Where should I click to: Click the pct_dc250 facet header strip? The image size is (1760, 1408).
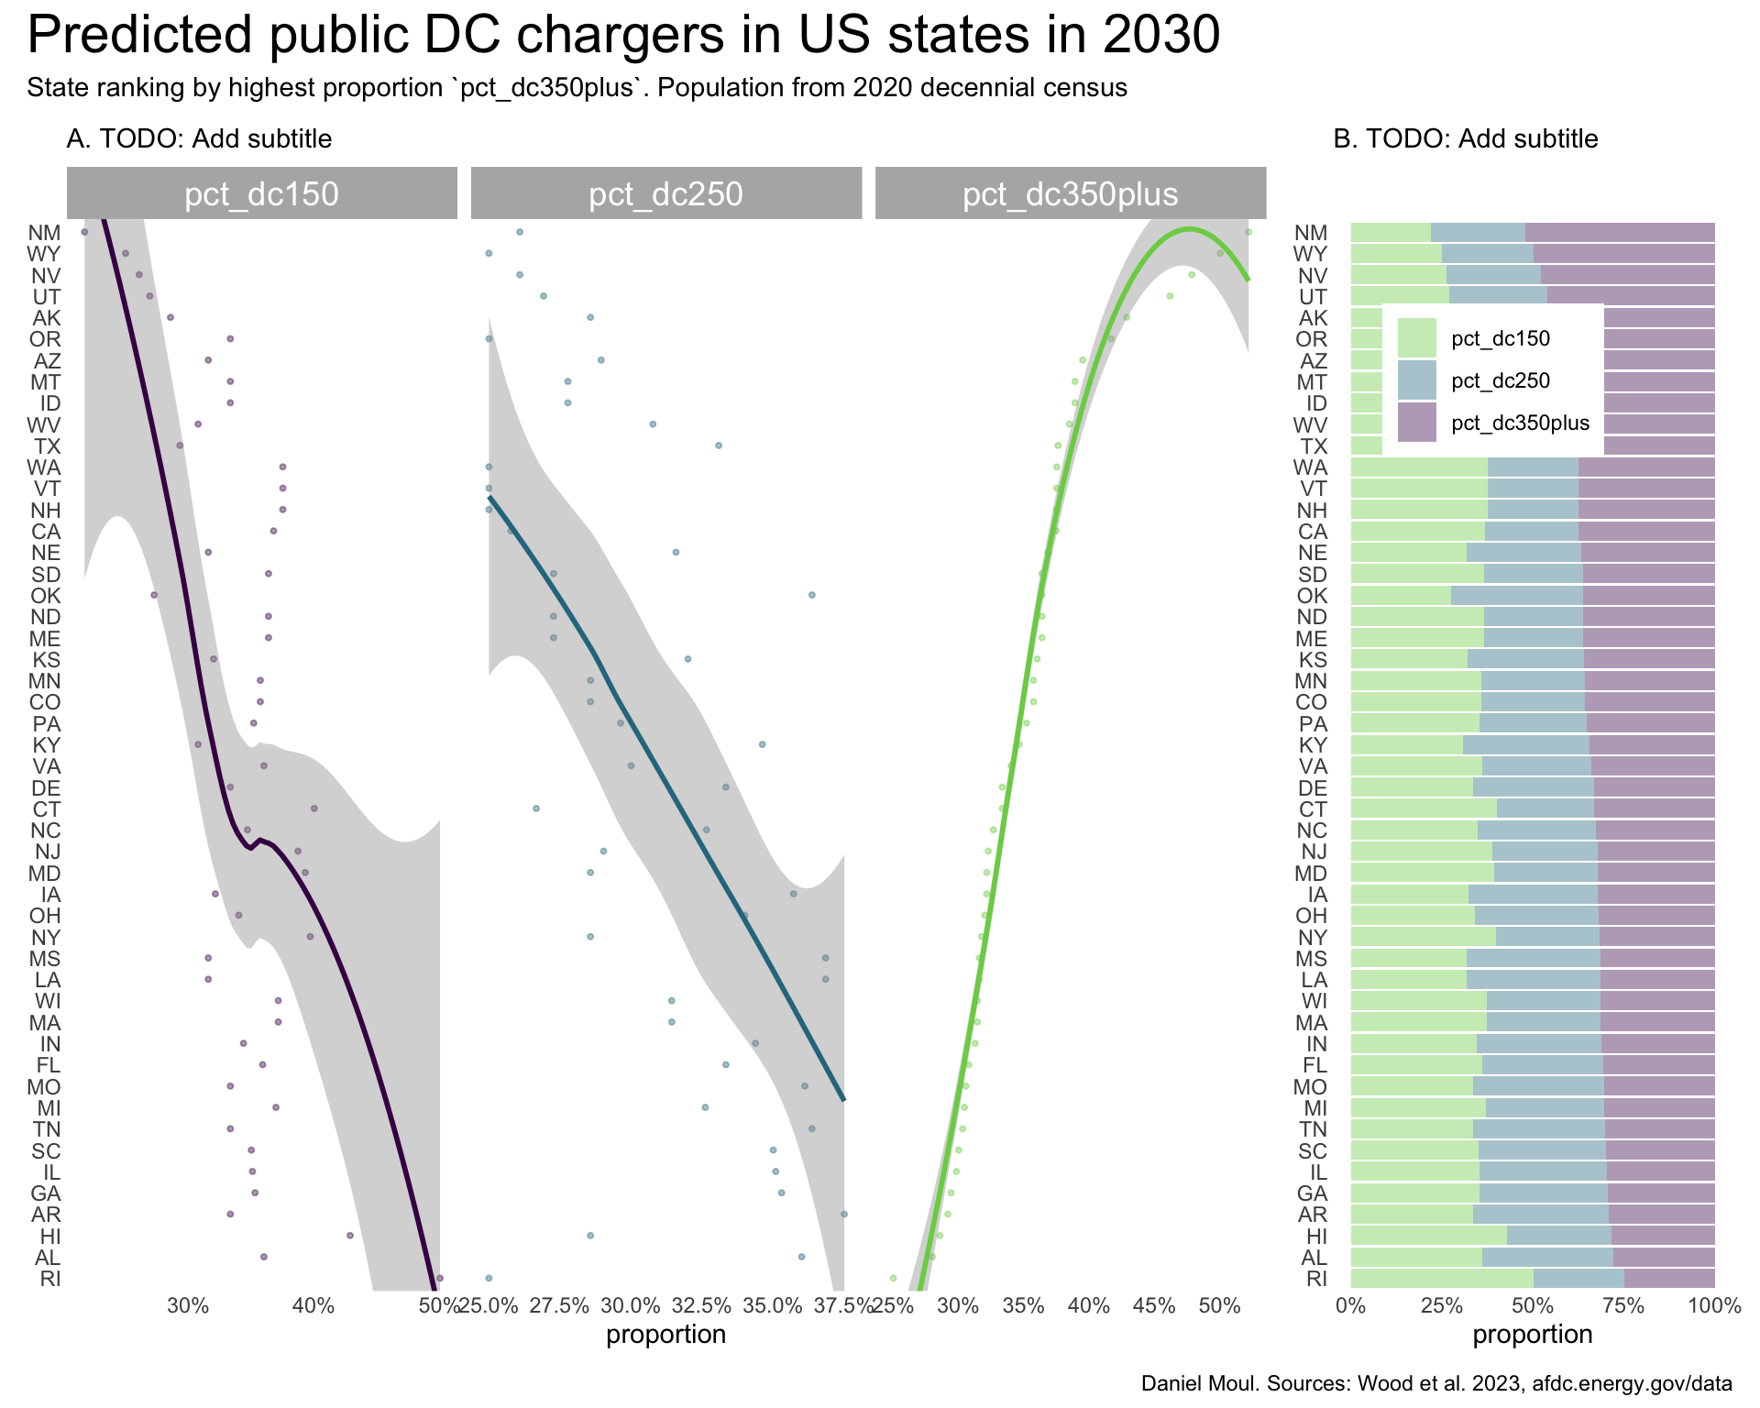coord(665,193)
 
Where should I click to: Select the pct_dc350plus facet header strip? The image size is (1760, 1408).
coord(1070,193)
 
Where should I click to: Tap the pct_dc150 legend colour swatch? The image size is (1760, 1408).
coord(1416,338)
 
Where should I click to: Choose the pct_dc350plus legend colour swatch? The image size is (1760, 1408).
coord(1416,423)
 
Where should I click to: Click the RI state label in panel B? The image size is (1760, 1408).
coord(1315,1278)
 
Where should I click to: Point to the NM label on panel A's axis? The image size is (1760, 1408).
coord(44,233)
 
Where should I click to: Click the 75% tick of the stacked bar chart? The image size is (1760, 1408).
coord(1623,1305)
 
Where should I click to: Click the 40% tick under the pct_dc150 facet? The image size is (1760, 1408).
coord(313,1305)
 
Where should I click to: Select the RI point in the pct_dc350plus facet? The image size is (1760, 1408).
coord(893,1277)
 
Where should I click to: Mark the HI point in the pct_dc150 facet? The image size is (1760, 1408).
coord(349,1236)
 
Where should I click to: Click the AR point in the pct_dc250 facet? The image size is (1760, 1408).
coord(843,1214)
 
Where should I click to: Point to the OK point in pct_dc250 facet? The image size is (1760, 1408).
coord(811,595)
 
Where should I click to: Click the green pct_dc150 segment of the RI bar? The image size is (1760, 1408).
coord(1441,1278)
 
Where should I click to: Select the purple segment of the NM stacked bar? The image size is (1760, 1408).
coord(1619,233)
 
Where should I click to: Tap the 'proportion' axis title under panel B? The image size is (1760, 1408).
coord(1532,1335)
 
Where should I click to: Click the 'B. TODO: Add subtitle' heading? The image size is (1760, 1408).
coord(1465,139)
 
